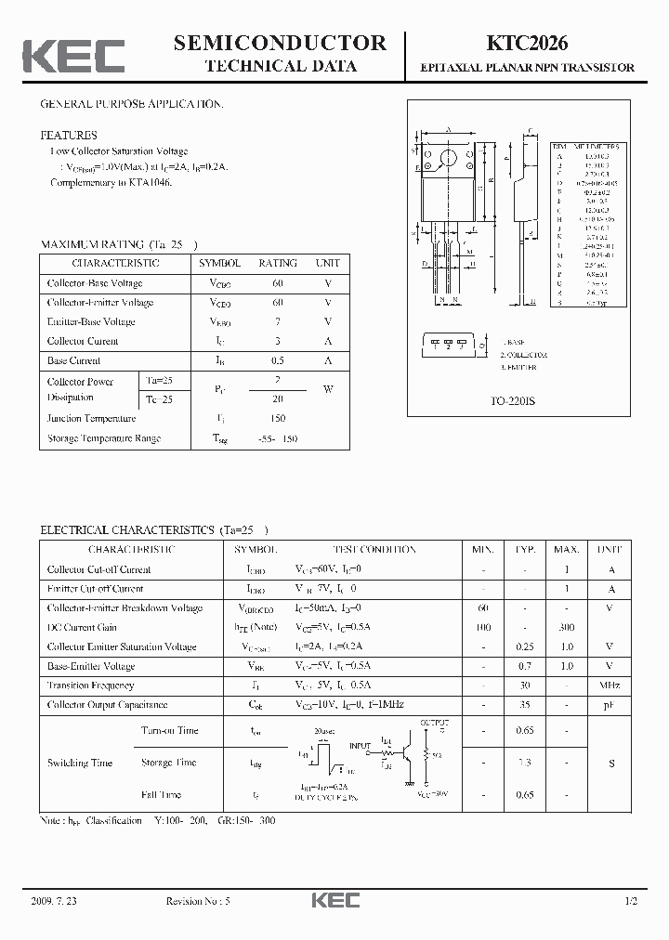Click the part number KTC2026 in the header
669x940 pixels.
528,43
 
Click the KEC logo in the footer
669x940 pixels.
334,901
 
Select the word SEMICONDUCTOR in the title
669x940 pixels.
280,43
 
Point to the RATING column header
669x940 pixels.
278,263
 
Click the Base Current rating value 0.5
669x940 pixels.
278,360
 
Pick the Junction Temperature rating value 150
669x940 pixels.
278,418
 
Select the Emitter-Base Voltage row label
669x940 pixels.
91,321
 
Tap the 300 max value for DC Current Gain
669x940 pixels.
566,627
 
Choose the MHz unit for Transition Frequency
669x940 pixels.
610,685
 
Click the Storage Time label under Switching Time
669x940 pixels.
168,763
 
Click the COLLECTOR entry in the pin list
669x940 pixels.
524,355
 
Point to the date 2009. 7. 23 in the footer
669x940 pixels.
55,901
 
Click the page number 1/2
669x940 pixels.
632,901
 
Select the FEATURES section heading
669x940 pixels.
69,135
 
